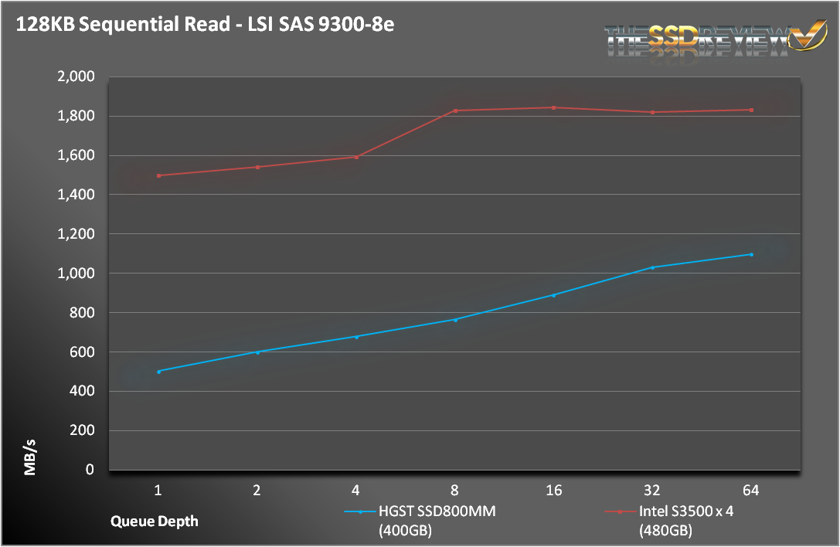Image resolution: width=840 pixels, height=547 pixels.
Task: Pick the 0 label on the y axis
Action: [x=90, y=470]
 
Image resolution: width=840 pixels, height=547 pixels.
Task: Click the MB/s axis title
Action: [x=29, y=455]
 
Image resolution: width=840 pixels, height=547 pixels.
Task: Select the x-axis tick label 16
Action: [x=553, y=490]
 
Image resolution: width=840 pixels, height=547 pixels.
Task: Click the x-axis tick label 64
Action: [x=751, y=490]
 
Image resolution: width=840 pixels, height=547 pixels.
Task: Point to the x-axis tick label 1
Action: [x=158, y=490]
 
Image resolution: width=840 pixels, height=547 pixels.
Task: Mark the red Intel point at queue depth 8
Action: [x=455, y=110]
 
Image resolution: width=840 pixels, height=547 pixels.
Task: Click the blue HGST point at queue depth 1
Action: [x=158, y=372]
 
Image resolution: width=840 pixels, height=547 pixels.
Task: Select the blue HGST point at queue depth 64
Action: [x=751, y=254]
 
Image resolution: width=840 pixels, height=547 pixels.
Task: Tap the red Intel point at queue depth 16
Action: [x=554, y=107]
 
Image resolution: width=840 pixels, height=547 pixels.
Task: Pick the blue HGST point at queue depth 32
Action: [x=652, y=267]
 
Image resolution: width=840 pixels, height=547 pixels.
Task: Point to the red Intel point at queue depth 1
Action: [x=158, y=175]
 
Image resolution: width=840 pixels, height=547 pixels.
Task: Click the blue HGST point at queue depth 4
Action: [x=356, y=337]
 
